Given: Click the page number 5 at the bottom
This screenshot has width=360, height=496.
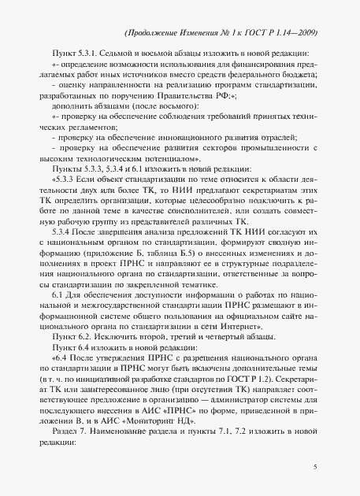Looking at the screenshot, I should pyautogui.click(x=314, y=467).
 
